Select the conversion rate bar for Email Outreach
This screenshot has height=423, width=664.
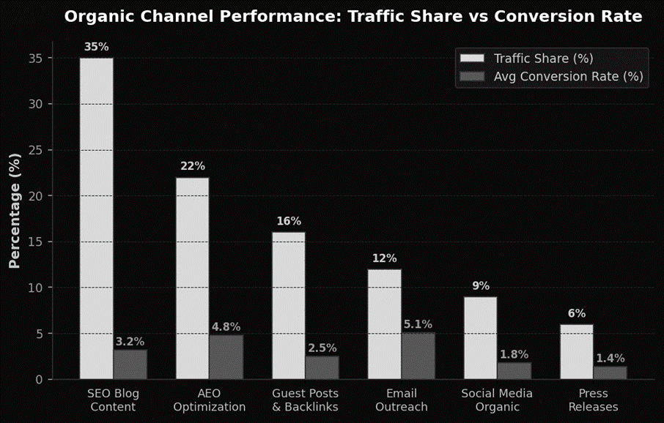point(418,356)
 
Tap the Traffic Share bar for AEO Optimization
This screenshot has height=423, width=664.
point(192,278)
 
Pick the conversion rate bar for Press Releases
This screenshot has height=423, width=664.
point(610,373)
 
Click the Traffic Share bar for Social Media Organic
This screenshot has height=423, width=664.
point(480,337)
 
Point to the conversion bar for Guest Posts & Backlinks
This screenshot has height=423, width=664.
point(322,367)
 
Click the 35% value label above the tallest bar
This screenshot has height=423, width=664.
point(96,47)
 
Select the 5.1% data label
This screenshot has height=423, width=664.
point(418,324)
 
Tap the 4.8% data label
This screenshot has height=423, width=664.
point(226,327)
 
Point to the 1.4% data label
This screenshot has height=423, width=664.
point(610,359)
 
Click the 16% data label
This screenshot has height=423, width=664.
point(288,221)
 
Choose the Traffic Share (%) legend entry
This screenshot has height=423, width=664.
point(543,59)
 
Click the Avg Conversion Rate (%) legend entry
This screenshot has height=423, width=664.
point(568,76)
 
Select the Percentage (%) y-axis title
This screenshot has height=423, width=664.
point(15,211)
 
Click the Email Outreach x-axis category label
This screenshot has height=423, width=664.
point(401,400)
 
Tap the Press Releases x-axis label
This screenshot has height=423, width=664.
point(593,400)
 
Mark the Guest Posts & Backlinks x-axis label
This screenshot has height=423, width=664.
point(305,400)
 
